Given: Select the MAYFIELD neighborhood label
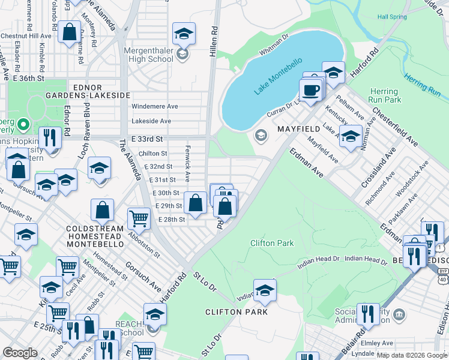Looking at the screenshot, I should click(297, 129).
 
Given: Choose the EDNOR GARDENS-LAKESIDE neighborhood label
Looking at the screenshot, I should click(99, 91).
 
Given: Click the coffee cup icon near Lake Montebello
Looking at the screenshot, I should click(310, 90).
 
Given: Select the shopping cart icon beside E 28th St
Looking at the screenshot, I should click(139, 218).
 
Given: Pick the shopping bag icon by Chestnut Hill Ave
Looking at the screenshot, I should click(70, 31).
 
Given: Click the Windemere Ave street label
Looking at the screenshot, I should click(155, 106).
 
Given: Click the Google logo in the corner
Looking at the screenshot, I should click(20, 353).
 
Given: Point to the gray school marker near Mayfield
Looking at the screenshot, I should click(260, 134).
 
